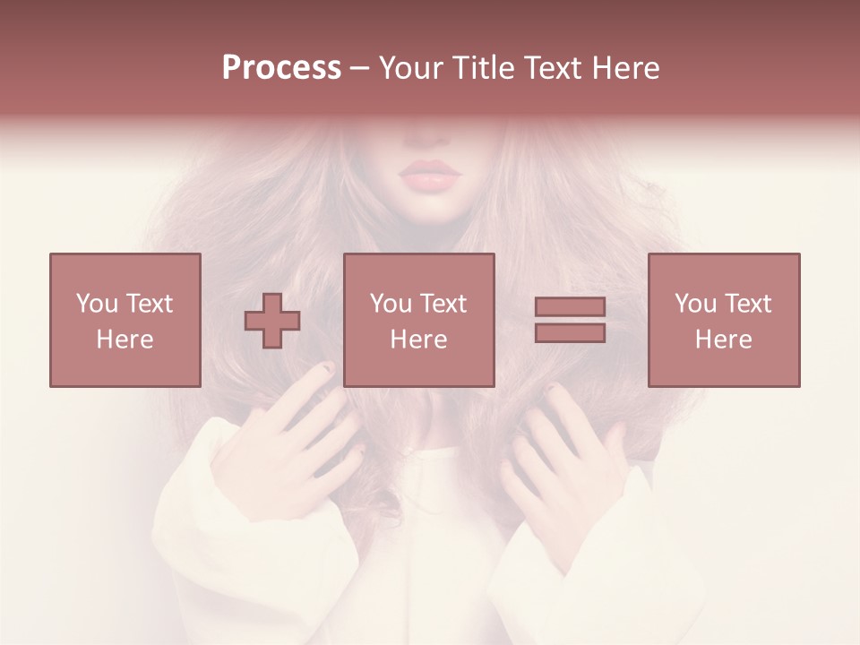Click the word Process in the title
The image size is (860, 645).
click(281, 68)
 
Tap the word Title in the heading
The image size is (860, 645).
click(486, 68)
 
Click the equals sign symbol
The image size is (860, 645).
click(570, 320)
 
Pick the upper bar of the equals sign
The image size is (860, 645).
click(570, 307)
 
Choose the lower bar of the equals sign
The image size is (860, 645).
click(570, 333)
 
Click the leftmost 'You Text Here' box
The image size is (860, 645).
click(125, 320)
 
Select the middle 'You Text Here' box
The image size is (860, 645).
click(419, 320)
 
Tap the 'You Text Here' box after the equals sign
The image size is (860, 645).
click(724, 320)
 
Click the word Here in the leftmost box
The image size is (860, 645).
click(125, 340)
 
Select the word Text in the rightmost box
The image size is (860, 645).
click(747, 304)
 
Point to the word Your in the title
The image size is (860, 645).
click(412, 68)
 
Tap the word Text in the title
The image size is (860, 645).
click(553, 68)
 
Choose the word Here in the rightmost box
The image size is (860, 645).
click(724, 340)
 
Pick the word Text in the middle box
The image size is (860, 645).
click(443, 304)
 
